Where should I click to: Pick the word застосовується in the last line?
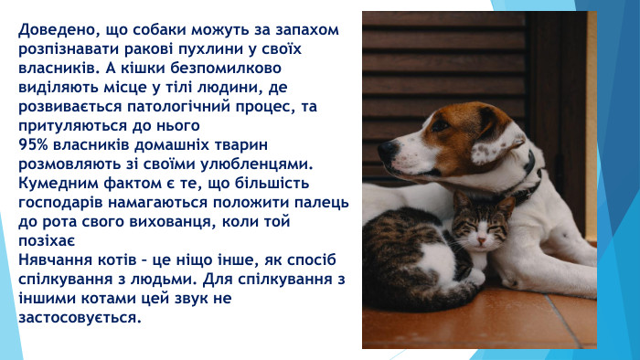[x=80, y=318]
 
